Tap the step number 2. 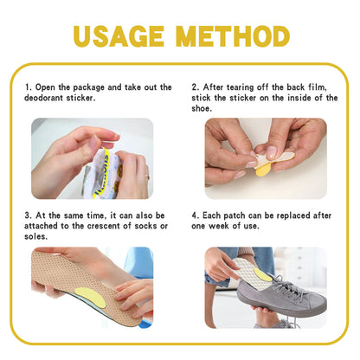point(194,87)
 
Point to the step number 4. point(194,215)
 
